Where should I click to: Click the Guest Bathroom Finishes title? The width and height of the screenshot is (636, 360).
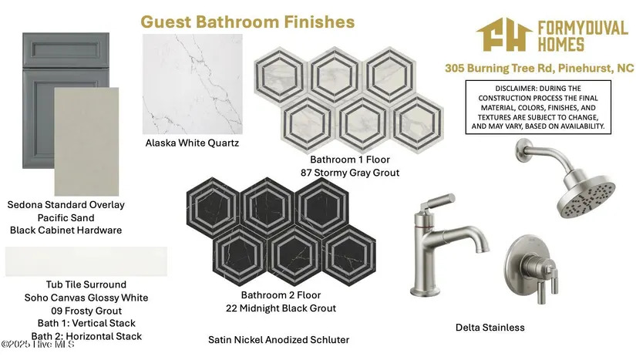pos(247,22)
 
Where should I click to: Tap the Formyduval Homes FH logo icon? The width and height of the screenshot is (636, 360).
pos(504,35)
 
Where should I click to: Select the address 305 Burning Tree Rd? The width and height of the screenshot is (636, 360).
pos(500,68)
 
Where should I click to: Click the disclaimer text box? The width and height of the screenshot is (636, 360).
pos(538,107)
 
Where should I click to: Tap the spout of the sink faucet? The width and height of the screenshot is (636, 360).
pos(466,235)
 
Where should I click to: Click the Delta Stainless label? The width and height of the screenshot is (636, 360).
pos(490,328)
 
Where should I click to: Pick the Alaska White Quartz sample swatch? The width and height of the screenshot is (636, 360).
pos(192,84)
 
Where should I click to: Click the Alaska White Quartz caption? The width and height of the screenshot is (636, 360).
pos(192,143)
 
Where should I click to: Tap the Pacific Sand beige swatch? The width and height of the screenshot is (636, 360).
pos(86,142)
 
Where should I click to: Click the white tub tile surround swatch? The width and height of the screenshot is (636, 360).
pos(86,261)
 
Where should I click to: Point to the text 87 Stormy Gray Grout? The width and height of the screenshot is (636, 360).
pos(350,173)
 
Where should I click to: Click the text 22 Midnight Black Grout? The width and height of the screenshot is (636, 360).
pos(281,308)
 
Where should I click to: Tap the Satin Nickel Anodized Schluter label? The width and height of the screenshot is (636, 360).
pos(278,340)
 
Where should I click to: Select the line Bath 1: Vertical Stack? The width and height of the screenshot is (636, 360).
pos(86,324)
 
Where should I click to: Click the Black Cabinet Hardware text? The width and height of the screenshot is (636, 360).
pos(66,230)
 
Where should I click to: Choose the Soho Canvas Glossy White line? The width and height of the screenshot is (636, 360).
pos(86,298)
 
